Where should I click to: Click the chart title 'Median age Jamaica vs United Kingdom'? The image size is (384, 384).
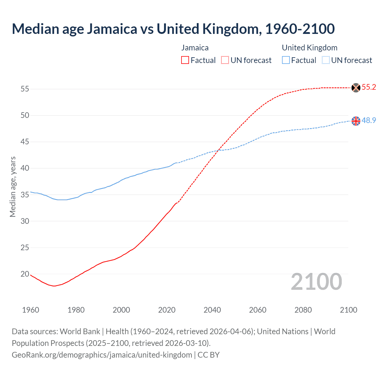173,29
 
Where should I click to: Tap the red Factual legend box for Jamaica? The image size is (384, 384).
185,60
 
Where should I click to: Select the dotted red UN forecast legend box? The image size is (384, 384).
225,60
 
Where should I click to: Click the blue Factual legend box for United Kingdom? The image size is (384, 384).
286,60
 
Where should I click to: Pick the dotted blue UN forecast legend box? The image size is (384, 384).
326,60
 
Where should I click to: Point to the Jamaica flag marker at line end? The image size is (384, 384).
355,88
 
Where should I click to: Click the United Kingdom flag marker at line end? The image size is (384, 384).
355,121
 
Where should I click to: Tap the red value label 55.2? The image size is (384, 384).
369,87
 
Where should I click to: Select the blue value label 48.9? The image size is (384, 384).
369,121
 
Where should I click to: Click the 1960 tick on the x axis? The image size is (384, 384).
31,310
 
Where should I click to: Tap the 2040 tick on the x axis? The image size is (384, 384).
212,310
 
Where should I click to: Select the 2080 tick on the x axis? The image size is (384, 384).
303,310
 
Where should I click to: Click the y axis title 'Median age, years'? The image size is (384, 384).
13,187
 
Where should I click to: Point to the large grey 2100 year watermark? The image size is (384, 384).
316,282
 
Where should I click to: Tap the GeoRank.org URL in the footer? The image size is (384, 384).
102,355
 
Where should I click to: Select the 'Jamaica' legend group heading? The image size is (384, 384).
195,48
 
